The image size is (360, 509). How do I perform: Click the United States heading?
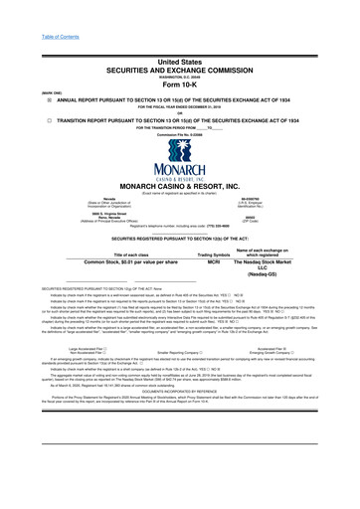coord(179,33)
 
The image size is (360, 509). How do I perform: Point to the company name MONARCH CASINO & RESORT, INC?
coord(179,187)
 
